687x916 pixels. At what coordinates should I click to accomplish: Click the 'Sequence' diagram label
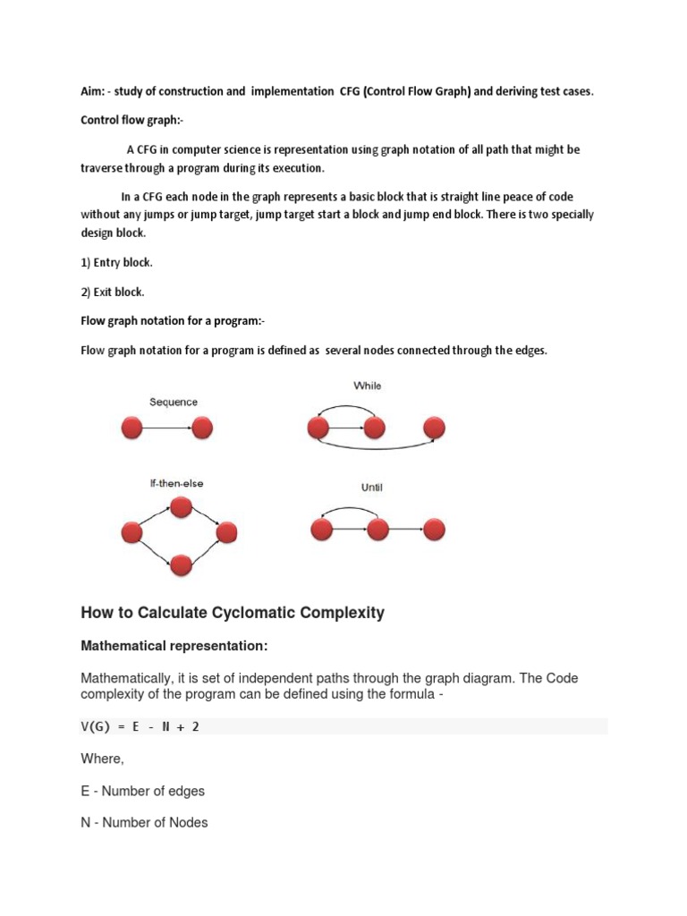pyautogui.click(x=173, y=403)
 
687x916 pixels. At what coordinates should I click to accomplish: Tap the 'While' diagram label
pyautogui.click(x=367, y=386)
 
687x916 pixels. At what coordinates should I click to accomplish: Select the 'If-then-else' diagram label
pyautogui.click(x=176, y=483)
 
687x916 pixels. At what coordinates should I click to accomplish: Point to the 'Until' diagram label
pyautogui.click(x=371, y=488)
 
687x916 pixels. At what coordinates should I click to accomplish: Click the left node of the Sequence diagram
pyautogui.click(x=132, y=428)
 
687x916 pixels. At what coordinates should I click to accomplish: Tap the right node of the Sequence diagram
pyautogui.click(x=202, y=428)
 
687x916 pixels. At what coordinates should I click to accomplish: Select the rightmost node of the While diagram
pyautogui.click(x=435, y=428)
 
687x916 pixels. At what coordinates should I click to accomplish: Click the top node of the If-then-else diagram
pyautogui.click(x=182, y=508)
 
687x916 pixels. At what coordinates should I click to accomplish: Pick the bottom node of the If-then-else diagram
pyautogui.click(x=182, y=565)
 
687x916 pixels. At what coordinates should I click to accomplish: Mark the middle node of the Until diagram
pyautogui.click(x=377, y=530)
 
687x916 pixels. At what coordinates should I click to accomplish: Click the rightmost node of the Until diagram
pyautogui.click(x=435, y=530)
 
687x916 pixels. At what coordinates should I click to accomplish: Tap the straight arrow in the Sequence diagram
pyautogui.click(x=167, y=428)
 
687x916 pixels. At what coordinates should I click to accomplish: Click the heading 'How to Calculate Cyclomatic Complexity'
pyautogui.click(x=233, y=613)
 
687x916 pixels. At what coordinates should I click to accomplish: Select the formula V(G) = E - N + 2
pyautogui.click(x=140, y=726)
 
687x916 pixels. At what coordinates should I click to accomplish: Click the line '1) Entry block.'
pyautogui.click(x=117, y=263)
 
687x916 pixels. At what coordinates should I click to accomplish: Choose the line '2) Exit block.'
pyautogui.click(x=113, y=292)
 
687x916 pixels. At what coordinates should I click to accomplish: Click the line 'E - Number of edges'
pyautogui.click(x=143, y=790)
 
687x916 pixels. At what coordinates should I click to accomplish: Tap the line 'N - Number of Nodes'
pyautogui.click(x=144, y=821)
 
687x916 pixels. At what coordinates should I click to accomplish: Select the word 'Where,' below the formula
pyautogui.click(x=101, y=759)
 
